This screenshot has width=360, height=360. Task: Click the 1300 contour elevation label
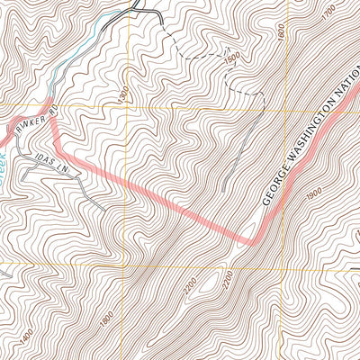click(120, 94)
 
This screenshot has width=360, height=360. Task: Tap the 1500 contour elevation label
click(232, 58)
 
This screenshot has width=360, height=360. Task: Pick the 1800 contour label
click(107, 318)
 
